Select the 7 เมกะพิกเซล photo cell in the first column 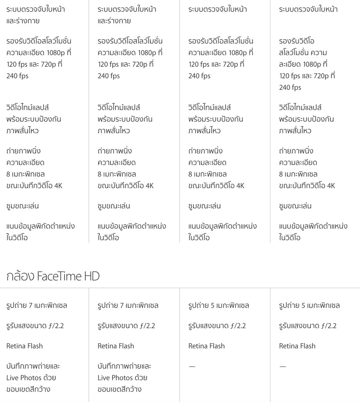tap(37, 306)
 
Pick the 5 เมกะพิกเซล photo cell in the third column tap(219, 306)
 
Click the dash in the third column tap(192, 366)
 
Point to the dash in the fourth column tap(283, 366)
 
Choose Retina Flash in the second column tap(116, 346)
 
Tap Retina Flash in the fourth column tap(297, 346)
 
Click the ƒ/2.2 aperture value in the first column tap(56, 326)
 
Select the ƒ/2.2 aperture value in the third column tap(238, 326)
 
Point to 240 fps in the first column tap(17, 76)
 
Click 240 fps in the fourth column tap(290, 87)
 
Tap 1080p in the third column tap(239, 52)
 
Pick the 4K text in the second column tap(149, 186)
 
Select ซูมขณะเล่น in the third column tap(204, 206)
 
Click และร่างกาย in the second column tap(114, 21)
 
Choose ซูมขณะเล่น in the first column tap(23, 206)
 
